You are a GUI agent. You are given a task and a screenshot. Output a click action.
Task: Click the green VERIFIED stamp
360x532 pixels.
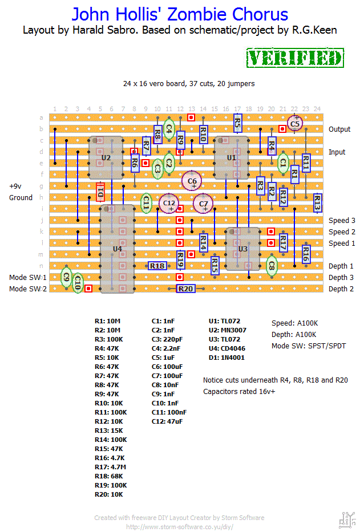294,58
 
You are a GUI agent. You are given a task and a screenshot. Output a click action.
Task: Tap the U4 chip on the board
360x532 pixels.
117,249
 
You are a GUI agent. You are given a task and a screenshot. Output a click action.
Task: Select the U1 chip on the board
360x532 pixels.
231,157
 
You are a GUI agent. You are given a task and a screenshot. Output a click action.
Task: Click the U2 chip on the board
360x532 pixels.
106,157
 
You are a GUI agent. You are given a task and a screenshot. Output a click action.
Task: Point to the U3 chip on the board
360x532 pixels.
242,249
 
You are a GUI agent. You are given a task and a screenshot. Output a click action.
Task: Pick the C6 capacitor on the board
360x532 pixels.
192,181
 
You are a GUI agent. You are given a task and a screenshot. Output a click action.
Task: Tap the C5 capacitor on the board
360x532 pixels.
294,123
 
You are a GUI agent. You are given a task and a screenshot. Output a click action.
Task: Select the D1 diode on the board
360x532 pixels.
100,192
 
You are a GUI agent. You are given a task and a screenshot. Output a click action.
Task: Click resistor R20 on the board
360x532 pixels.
185,289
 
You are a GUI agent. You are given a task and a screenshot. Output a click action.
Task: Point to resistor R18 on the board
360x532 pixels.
157,266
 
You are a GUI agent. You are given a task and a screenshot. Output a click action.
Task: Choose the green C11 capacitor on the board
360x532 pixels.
146,202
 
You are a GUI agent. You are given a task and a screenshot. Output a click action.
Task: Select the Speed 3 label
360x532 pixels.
342,221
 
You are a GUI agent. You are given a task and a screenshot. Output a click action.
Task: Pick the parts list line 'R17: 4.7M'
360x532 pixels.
111,467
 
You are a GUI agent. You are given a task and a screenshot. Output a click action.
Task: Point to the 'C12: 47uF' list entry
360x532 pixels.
168,421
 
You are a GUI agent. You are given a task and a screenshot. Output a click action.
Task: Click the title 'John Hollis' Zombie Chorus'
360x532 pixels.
180,14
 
